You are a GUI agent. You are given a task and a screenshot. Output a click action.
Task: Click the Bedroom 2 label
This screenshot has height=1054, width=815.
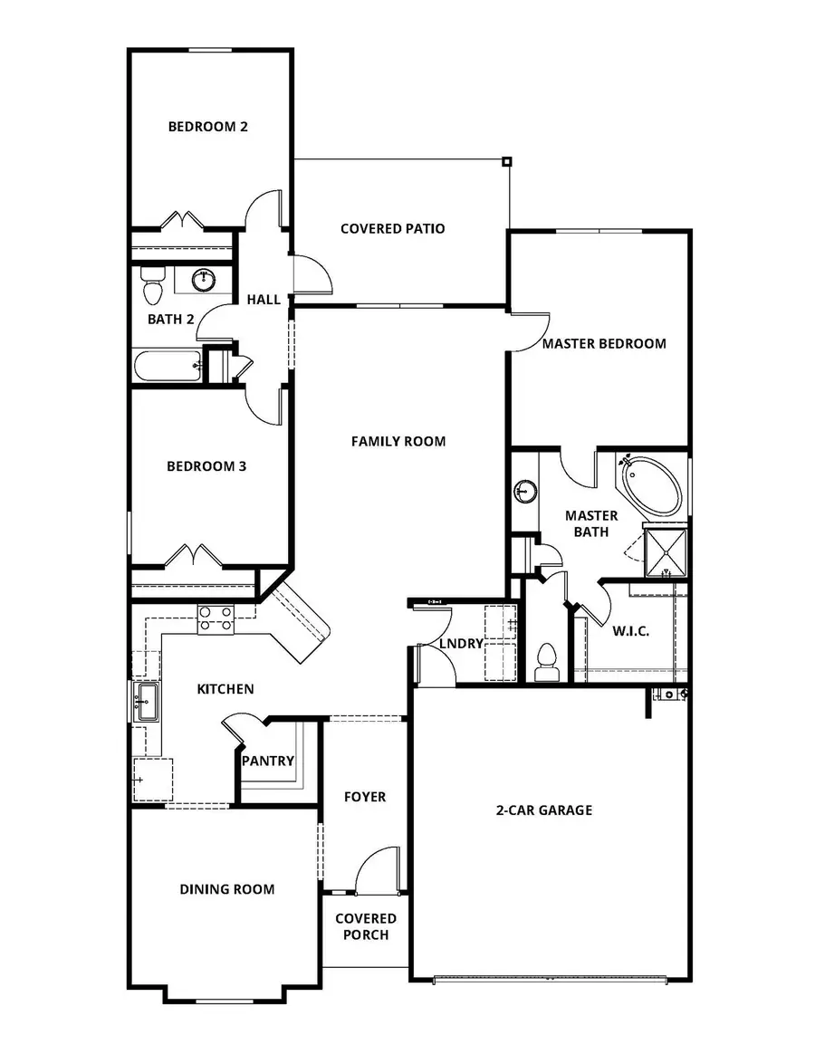207,127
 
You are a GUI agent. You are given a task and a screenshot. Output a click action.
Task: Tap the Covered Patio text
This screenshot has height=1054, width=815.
392,229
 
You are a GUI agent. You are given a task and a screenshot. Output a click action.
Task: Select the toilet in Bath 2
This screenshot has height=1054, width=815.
152,286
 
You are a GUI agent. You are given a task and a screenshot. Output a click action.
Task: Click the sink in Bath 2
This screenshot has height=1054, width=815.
206,279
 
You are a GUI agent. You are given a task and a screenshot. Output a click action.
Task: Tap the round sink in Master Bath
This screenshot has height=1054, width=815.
523,492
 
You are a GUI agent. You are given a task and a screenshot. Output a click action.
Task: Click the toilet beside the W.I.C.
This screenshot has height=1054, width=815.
546,660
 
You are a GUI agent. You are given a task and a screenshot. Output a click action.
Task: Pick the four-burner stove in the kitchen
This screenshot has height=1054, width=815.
216,618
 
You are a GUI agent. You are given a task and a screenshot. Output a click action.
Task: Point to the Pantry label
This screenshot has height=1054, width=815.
268,761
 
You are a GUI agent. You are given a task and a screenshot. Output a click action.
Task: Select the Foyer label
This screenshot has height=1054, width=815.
365,797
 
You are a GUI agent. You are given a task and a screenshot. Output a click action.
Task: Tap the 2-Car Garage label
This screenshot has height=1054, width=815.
543,810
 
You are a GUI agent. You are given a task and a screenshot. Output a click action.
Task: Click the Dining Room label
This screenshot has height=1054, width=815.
226,889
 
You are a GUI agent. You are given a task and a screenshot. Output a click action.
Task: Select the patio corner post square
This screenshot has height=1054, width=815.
507,162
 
